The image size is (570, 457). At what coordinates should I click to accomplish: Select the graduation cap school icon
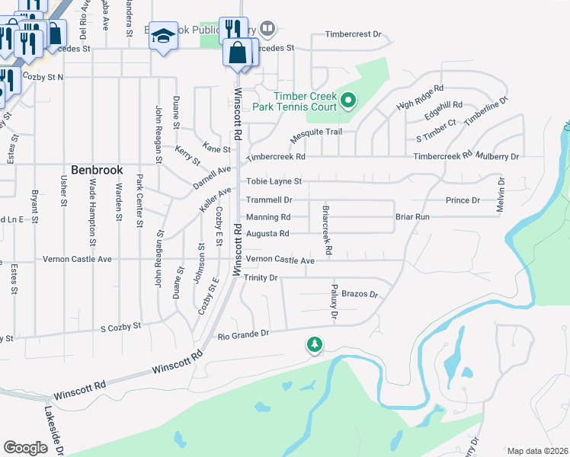coord(163,37)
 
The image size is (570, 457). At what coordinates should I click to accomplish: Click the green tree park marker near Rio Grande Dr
coord(314,346)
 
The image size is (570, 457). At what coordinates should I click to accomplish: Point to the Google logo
coord(25,448)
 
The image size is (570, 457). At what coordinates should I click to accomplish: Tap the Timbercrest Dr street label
coord(352,34)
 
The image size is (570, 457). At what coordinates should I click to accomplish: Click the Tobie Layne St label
coord(274,182)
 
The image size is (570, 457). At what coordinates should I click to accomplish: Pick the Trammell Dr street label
coord(268,200)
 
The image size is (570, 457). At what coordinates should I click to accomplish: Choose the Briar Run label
coord(412,217)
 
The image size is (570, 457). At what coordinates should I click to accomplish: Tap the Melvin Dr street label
coord(501,194)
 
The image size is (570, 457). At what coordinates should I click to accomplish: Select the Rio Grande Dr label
coord(243,334)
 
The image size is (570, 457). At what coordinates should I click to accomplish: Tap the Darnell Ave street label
coord(212,178)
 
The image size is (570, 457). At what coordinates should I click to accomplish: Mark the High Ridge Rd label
coord(419,99)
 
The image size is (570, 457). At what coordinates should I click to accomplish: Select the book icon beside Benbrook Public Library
coord(267,30)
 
